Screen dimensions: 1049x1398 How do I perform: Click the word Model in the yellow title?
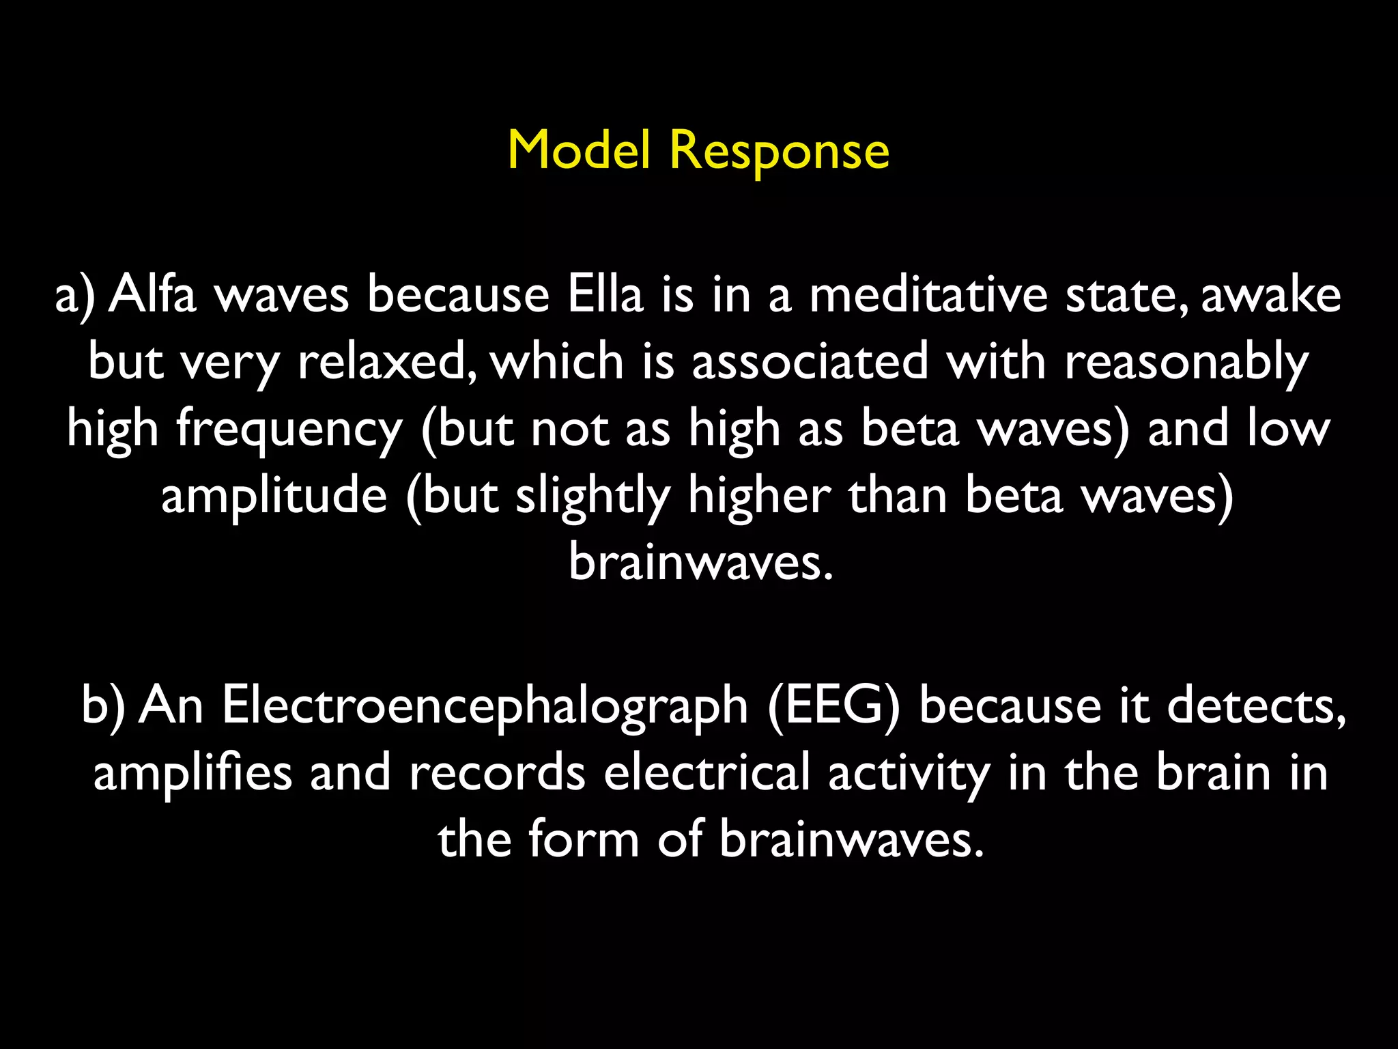pyautogui.click(x=578, y=150)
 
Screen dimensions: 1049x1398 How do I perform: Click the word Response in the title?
pyautogui.click(x=779, y=152)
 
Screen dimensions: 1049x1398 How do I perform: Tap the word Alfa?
pyautogui.click(x=153, y=295)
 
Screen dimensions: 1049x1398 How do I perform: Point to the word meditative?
pyautogui.click(x=928, y=295)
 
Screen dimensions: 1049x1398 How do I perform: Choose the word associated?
pyautogui.click(x=810, y=362)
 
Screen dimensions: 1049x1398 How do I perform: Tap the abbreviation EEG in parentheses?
pyautogui.click(x=833, y=706)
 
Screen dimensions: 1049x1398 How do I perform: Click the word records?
pyautogui.click(x=497, y=773)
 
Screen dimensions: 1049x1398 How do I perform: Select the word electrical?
pyautogui.click(x=707, y=773)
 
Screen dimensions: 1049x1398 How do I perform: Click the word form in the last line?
pyautogui.click(x=584, y=839)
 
